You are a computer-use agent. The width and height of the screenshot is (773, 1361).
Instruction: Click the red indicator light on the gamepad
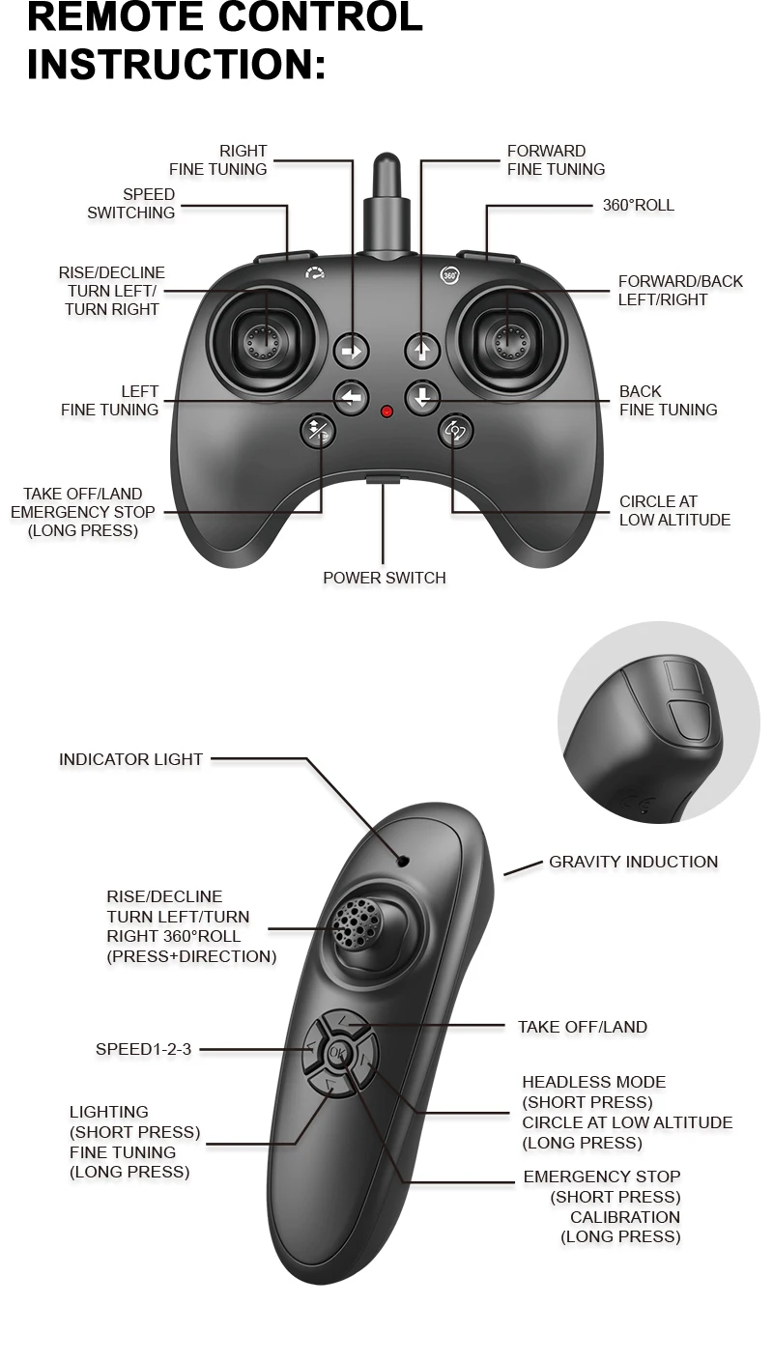[386, 411]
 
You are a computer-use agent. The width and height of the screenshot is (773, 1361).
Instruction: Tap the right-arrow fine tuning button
[352, 352]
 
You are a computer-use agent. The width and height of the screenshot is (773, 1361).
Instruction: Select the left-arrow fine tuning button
[352, 397]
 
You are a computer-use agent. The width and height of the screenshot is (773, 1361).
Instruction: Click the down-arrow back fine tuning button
[422, 397]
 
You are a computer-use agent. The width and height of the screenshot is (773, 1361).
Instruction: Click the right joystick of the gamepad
[508, 339]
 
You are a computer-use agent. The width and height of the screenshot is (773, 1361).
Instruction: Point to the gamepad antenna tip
[386, 164]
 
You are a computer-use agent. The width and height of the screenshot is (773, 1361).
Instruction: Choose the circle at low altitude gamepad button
[455, 431]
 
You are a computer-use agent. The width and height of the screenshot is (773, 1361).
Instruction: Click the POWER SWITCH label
[385, 578]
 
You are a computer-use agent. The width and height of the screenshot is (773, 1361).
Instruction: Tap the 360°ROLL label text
[638, 206]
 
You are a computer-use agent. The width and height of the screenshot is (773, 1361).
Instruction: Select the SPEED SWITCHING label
[131, 204]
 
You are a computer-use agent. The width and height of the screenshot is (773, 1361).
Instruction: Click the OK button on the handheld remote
[336, 1053]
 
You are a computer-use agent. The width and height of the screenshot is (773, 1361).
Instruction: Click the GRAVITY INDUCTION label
[633, 862]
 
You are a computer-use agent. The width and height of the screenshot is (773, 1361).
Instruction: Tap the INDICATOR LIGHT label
[130, 759]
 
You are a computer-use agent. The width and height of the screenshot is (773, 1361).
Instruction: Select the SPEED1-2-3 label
[143, 1049]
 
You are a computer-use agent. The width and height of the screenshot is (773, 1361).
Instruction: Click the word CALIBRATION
[624, 1217]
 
